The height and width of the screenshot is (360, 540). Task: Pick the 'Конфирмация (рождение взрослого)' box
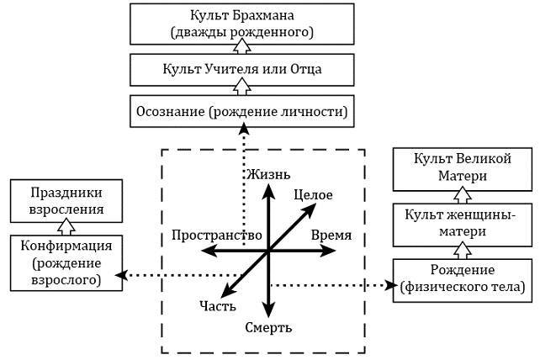click(x=66, y=262)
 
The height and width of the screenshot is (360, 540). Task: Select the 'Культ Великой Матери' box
click(x=464, y=167)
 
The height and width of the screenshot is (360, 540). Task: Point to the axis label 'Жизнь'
click(x=267, y=174)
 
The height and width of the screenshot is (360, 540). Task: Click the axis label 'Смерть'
click(x=268, y=326)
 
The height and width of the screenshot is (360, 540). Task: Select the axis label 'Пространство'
click(x=215, y=235)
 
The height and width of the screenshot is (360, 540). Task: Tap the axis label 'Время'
click(x=331, y=235)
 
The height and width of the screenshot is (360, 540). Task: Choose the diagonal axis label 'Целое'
click(x=314, y=195)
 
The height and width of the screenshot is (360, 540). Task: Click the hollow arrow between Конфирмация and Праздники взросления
click(x=66, y=227)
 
